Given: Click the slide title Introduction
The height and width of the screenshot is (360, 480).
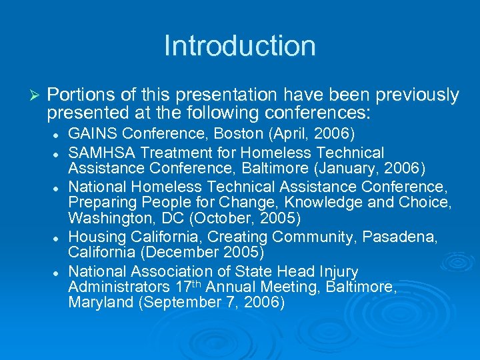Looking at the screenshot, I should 240,46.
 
